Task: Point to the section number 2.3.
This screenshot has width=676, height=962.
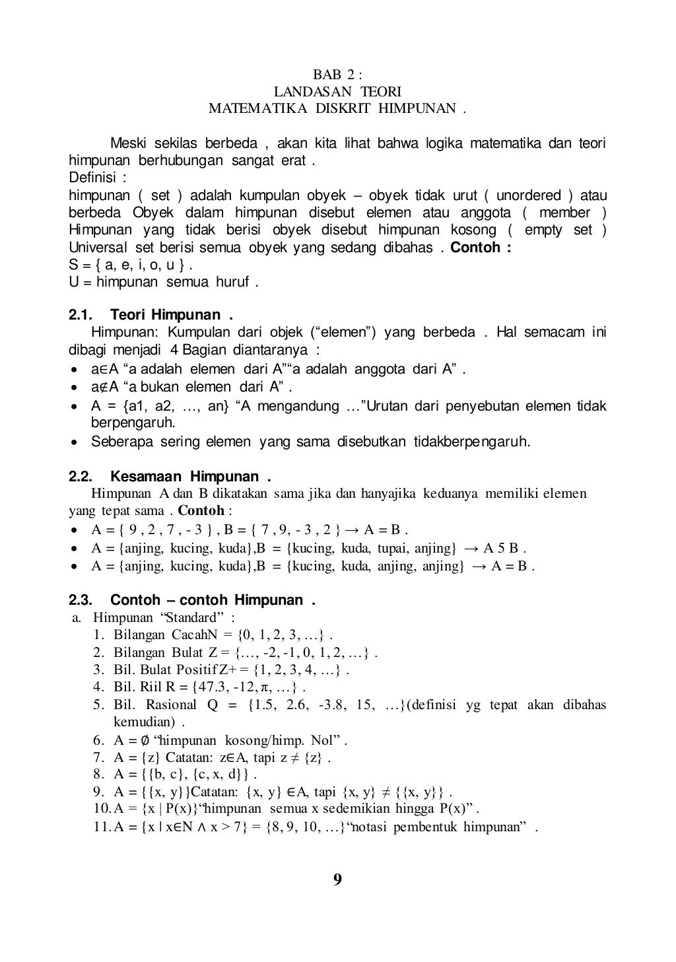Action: click(x=81, y=600)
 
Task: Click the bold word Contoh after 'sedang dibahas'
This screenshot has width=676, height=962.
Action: click(x=477, y=248)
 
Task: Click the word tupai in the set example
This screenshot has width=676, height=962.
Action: click(x=395, y=548)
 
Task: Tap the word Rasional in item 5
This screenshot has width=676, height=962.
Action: click(x=171, y=704)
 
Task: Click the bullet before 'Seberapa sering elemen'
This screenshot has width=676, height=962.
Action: click(x=76, y=442)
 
